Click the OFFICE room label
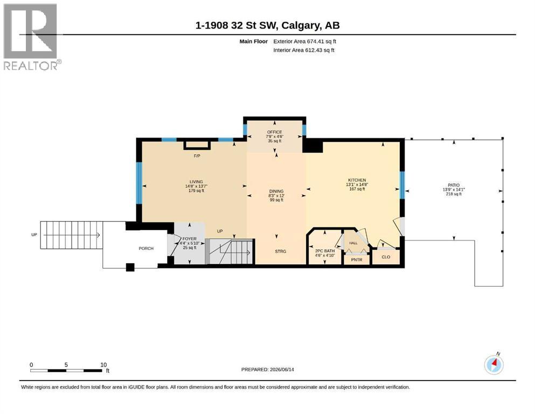click(275, 132)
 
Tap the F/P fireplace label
click(197, 156)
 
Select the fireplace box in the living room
click(197, 145)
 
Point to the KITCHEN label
click(357, 180)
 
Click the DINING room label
click(276, 191)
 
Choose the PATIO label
click(454, 185)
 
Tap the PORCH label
click(146, 249)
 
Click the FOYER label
click(189, 239)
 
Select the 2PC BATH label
click(325, 251)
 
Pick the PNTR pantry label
click(357, 260)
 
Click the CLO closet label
click(386, 257)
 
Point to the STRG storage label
click(281, 252)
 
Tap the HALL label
click(353, 243)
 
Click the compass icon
click(494, 365)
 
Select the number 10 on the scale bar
click(103, 365)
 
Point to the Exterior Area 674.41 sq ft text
click(305, 42)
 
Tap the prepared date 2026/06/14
click(282, 369)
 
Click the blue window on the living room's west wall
click(139, 183)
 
